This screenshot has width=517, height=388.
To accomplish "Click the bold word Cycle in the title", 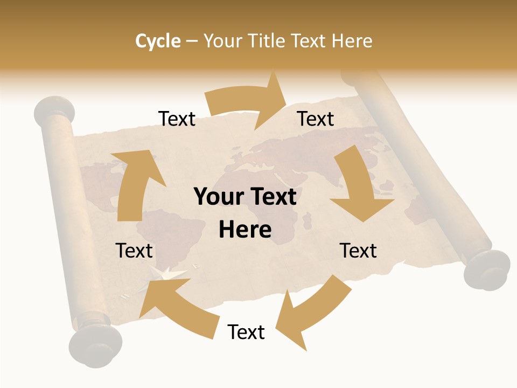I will (158, 41).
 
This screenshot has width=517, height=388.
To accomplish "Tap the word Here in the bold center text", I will (245, 230).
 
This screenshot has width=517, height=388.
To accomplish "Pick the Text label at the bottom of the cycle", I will (246, 332).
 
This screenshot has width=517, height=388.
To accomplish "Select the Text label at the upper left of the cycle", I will (177, 119).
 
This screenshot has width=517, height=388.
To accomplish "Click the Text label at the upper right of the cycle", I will (316, 119).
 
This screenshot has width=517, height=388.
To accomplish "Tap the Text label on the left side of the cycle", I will (134, 251).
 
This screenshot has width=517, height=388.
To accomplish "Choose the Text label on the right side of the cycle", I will (358, 251).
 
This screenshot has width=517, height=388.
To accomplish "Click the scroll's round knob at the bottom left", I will (95, 345).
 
